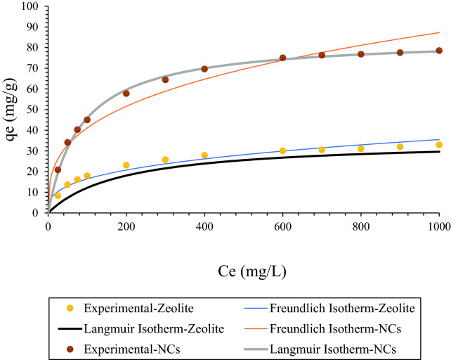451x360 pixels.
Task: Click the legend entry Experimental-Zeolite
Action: coord(136,308)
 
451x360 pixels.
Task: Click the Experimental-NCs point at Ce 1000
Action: coord(439,51)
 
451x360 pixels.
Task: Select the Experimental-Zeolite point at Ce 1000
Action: coord(439,145)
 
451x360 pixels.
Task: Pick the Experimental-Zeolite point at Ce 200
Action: coord(126,165)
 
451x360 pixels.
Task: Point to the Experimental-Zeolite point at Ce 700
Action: coord(322,150)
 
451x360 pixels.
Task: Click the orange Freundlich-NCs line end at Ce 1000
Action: coord(439,32)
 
